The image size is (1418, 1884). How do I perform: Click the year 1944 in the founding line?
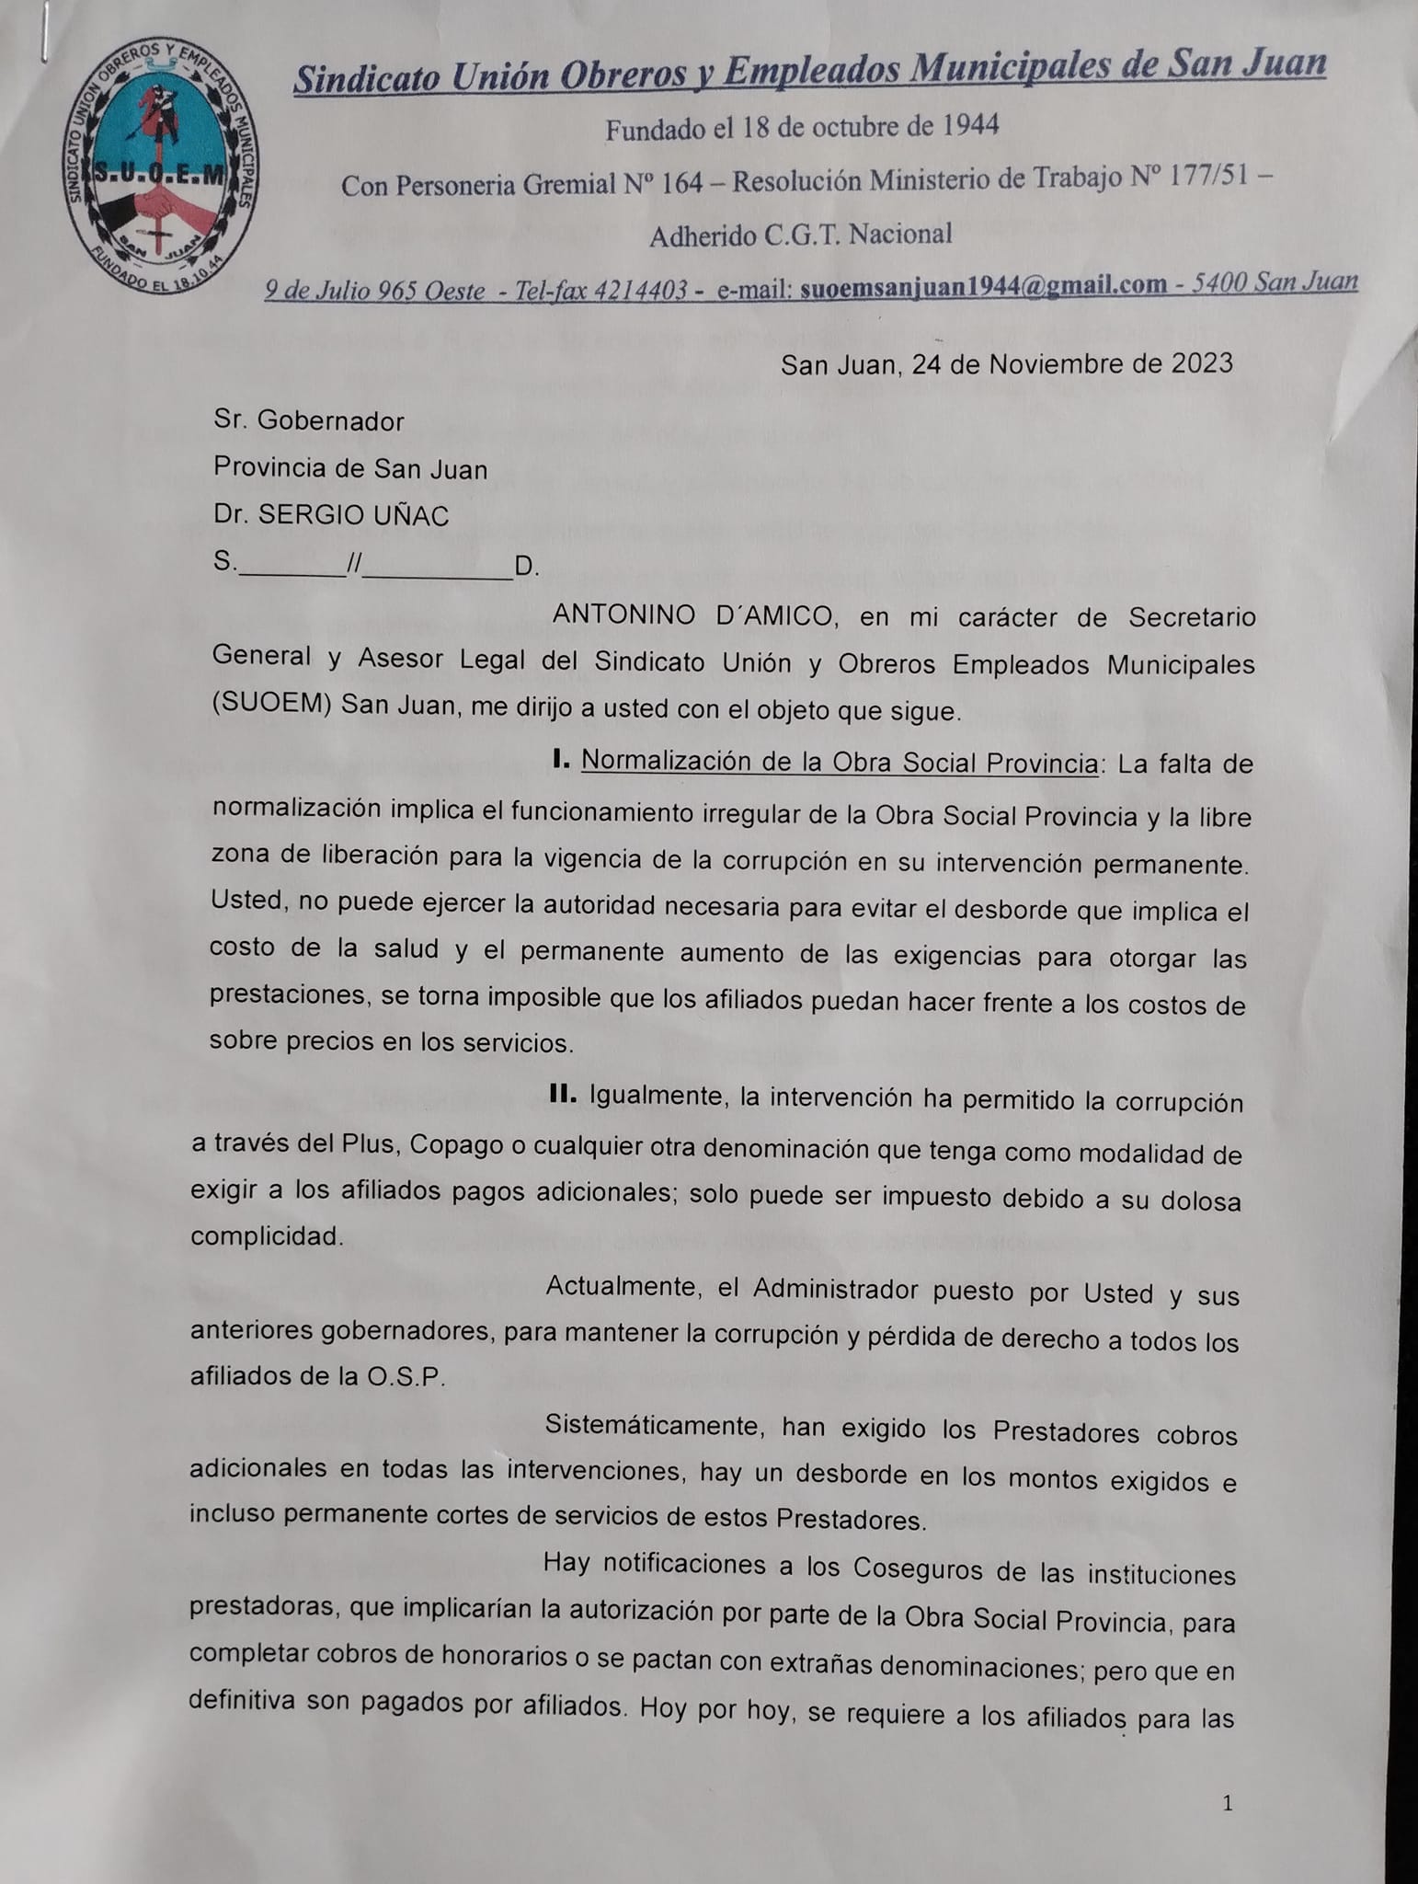pyautogui.click(x=969, y=125)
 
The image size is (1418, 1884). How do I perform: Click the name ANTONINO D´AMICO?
pyautogui.click(x=693, y=616)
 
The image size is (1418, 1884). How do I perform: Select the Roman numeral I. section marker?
pyautogui.click(x=563, y=761)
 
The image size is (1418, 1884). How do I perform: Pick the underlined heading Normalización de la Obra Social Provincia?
pyautogui.click(x=839, y=763)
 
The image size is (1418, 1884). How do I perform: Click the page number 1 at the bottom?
pyautogui.click(x=1228, y=1804)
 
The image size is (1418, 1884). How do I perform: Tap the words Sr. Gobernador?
pyautogui.click(x=309, y=420)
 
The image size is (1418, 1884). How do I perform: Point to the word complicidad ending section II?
pyautogui.click(x=266, y=1236)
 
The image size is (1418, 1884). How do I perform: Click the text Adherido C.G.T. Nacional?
pyautogui.click(x=800, y=235)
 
